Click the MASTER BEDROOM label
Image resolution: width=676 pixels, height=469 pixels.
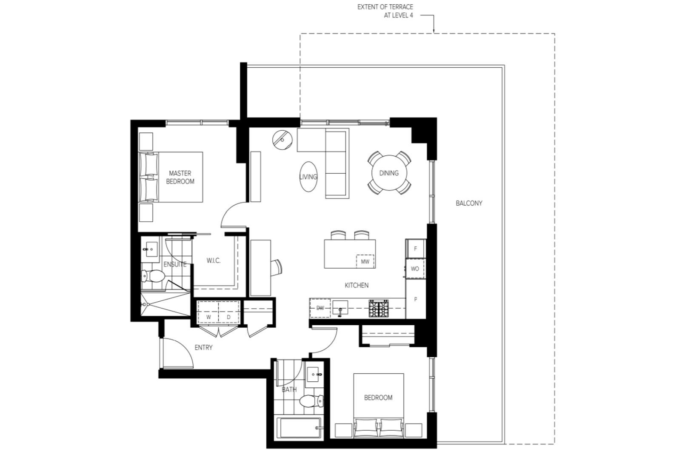coord(180,177)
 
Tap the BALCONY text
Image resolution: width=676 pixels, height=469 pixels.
coord(469,203)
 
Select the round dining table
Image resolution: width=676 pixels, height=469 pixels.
coord(389,173)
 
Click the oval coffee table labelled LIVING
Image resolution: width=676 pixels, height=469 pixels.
coord(308,177)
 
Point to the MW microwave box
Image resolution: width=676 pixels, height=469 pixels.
coord(365,262)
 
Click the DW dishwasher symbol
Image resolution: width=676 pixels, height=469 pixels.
coord(320,308)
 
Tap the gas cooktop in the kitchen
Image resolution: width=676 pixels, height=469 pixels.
coord(379,308)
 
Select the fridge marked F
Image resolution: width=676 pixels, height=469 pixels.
coord(415,249)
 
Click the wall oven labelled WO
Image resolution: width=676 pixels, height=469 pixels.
coord(415,269)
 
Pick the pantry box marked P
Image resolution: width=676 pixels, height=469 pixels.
coord(415,299)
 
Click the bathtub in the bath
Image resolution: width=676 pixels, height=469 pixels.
coord(299,428)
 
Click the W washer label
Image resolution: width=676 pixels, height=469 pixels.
coord(209,317)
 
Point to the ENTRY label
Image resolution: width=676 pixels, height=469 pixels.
coord(203,348)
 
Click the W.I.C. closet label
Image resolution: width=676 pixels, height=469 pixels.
coord(214,260)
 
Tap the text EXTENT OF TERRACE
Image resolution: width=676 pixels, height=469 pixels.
coord(385,7)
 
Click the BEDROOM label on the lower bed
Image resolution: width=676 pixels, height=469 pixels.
coord(378,398)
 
